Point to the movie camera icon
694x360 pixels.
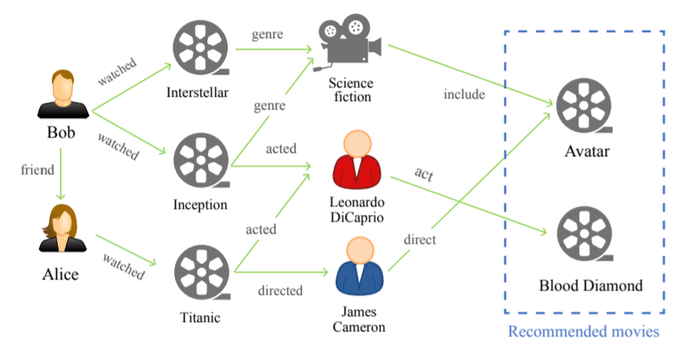coord(349,42)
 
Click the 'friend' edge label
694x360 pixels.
coord(37,170)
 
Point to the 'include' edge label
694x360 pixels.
coord(464,94)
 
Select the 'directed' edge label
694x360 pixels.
coord(280,291)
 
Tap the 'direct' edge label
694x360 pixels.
coord(420,239)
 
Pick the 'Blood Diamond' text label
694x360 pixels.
coord(590,285)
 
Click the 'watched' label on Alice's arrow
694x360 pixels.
coord(123,265)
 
